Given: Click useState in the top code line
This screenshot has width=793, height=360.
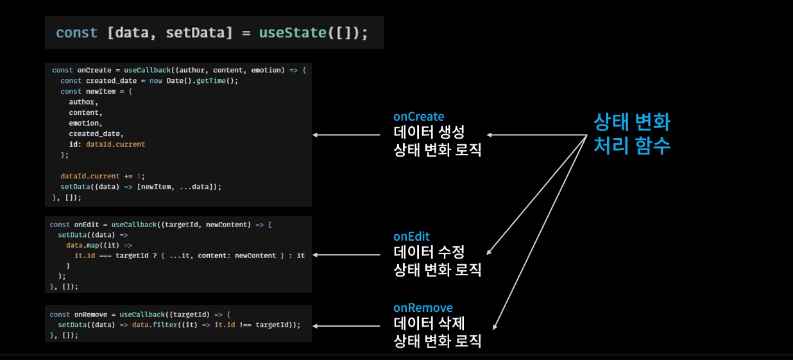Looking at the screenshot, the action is click(x=293, y=33).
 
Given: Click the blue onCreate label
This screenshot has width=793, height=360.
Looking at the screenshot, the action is click(x=418, y=117).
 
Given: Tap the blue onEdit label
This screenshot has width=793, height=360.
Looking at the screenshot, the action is click(x=411, y=237).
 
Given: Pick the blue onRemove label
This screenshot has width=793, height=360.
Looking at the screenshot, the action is click(x=423, y=308).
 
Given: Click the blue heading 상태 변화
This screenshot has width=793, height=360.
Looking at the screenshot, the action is click(x=632, y=122).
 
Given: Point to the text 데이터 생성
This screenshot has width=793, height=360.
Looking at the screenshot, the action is click(x=429, y=133).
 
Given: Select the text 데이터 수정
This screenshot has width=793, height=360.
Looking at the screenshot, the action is click(x=429, y=252).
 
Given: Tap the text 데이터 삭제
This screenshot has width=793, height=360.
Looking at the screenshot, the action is click(x=429, y=323).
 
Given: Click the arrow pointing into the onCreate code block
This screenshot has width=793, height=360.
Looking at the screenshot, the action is click(x=346, y=135).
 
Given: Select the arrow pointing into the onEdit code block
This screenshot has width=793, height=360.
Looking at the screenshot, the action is click(x=346, y=255).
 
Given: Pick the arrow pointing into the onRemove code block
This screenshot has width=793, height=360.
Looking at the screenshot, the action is click(x=346, y=326).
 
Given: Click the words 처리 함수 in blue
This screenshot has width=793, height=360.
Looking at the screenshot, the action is click(x=632, y=146).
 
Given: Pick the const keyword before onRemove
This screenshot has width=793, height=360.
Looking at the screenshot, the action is click(x=60, y=314).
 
